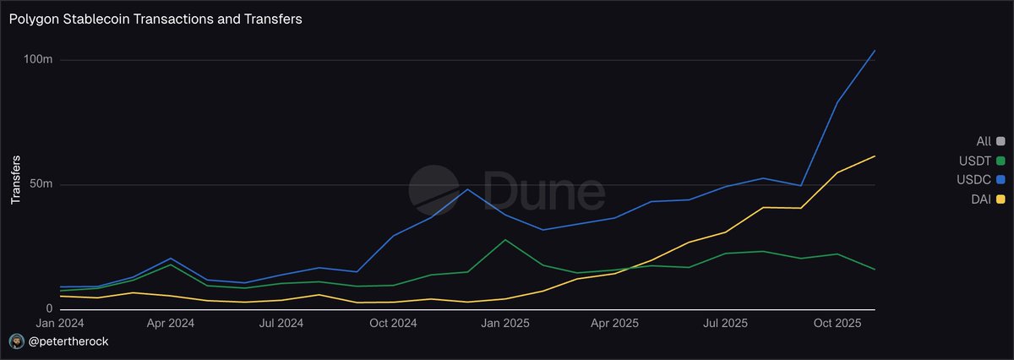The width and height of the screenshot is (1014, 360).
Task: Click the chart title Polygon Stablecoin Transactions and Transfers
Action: (x=155, y=19)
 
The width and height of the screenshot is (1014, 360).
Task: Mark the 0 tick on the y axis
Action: (x=50, y=309)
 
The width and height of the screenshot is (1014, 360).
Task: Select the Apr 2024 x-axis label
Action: (x=171, y=323)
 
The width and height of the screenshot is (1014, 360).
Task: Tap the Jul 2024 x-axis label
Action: (x=281, y=323)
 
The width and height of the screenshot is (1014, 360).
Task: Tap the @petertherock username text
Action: (x=68, y=341)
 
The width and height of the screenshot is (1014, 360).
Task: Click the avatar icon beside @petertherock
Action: (x=15, y=341)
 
